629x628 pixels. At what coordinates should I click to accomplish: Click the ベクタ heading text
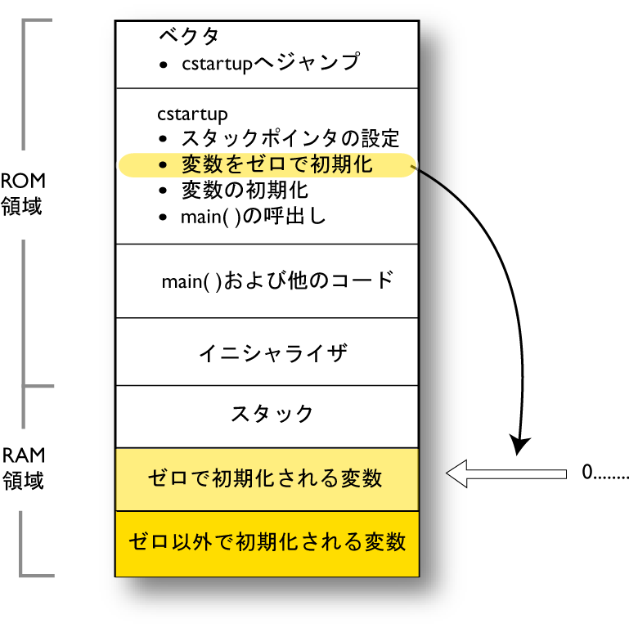(x=189, y=36)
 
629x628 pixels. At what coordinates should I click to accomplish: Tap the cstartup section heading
(x=192, y=114)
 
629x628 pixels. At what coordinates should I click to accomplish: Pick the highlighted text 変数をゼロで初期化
(x=276, y=165)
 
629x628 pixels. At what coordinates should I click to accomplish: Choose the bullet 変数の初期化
(x=244, y=191)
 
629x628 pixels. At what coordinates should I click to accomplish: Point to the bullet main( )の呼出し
(x=253, y=218)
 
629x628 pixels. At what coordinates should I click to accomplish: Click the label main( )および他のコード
(x=277, y=281)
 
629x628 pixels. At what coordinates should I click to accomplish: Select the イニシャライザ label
(x=273, y=353)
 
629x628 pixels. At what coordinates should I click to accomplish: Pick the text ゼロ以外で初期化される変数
(x=267, y=541)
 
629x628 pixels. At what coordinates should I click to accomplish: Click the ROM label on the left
(x=22, y=181)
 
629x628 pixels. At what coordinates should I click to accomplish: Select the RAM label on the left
(x=23, y=455)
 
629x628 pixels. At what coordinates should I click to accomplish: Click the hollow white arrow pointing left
(x=505, y=473)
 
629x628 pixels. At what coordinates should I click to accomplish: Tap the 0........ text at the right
(x=604, y=473)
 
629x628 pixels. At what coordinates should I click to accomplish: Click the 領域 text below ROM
(x=22, y=205)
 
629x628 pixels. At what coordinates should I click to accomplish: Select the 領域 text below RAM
(x=23, y=480)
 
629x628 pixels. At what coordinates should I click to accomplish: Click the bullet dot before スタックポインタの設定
(x=164, y=139)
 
